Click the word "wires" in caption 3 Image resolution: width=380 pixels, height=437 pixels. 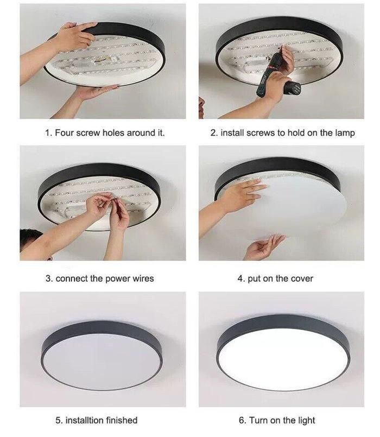[x=143, y=278]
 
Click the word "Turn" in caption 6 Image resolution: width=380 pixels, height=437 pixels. [x=258, y=420]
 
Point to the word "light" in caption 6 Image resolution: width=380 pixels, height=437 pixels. [x=305, y=421]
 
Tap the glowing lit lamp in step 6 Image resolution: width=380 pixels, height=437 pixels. [x=283, y=353]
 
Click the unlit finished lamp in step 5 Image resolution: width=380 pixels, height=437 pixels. [x=102, y=356]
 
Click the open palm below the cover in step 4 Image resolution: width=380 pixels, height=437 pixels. [x=264, y=246]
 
